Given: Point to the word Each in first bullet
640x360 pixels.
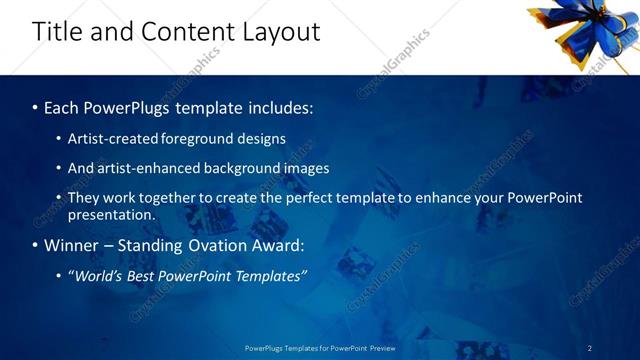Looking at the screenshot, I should point(63,105).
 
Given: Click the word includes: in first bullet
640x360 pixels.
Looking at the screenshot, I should point(280,105).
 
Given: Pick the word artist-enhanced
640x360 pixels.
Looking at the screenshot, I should point(143,168).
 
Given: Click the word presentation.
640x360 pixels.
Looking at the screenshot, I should point(111,214).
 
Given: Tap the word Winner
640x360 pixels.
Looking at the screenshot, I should point(72,245).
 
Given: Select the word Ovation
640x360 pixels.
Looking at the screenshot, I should point(215,245).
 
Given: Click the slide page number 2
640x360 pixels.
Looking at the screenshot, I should point(590,348).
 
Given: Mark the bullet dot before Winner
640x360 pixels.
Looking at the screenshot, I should point(35,246).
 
